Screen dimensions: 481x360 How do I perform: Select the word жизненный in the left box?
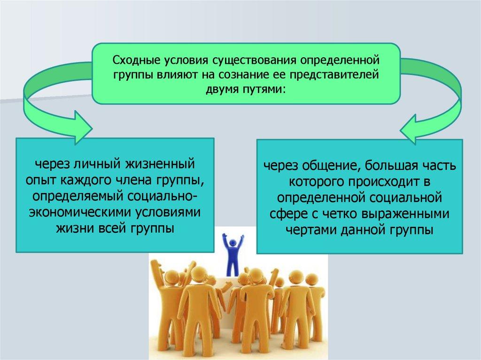(x=160, y=163)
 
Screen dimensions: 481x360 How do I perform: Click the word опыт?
(x=41, y=180)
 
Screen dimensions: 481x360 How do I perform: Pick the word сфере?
(x=289, y=214)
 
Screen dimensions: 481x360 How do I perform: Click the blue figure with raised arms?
(x=233, y=254)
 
